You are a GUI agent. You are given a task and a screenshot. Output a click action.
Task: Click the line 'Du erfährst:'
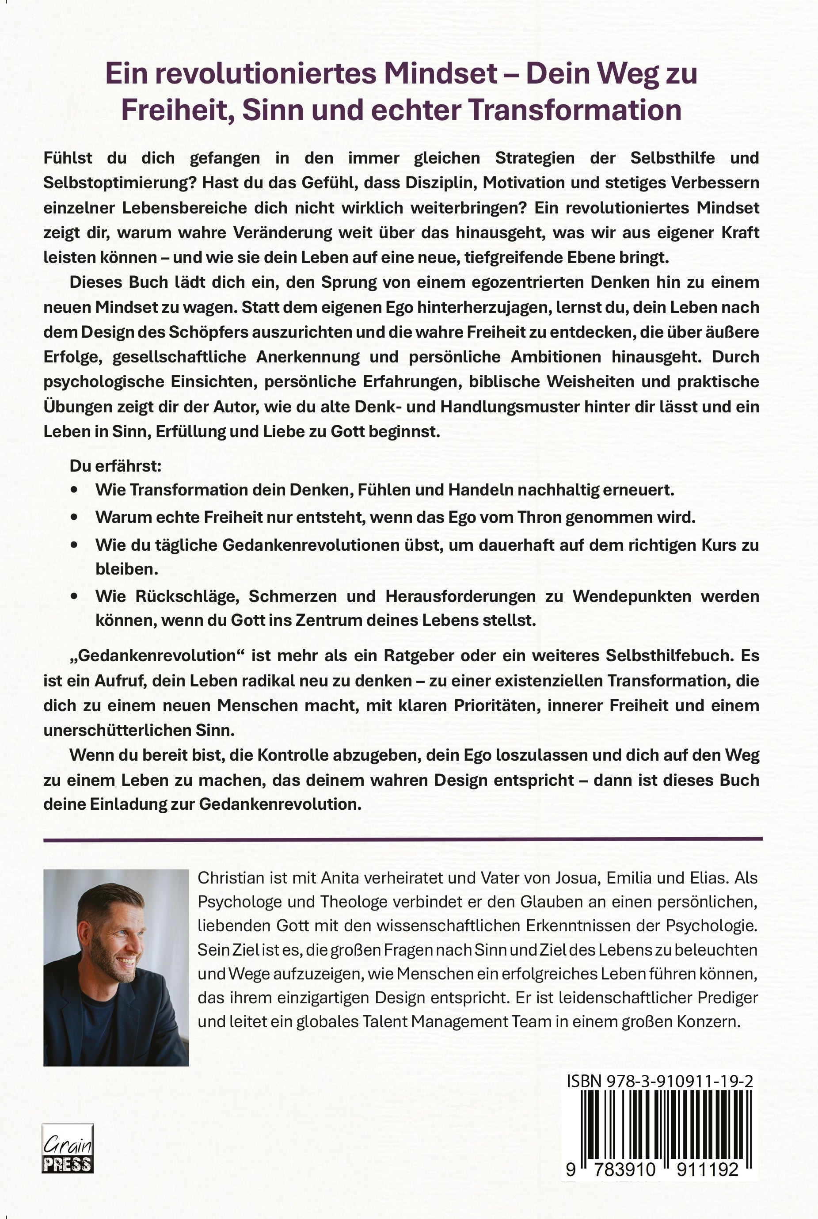(x=115, y=466)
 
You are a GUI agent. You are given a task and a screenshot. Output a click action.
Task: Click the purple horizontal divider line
(x=403, y=839)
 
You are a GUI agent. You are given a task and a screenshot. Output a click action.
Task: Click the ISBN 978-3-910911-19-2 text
(x=659, y=1081)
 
